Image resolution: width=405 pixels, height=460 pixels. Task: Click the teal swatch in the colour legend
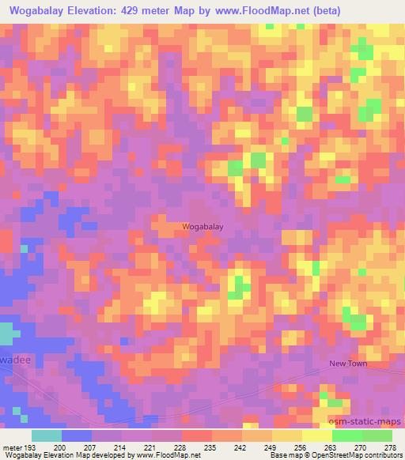[47, 435]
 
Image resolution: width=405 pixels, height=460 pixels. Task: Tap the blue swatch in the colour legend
[77, 435]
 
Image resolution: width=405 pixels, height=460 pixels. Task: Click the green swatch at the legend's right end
[377, 435]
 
